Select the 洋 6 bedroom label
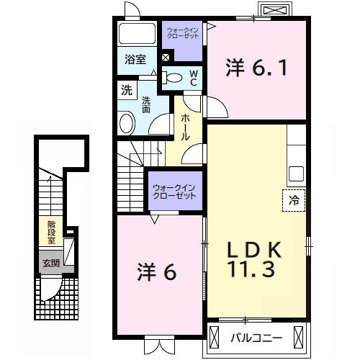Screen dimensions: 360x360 [x=157, y=271]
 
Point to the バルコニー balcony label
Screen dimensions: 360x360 [x=251, y=336]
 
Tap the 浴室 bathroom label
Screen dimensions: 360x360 [x=134, y=60]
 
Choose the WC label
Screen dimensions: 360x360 [x=194, y=78]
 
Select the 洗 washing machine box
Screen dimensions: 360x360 [x=127, y=91]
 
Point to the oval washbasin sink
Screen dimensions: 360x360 [x=127, y=123]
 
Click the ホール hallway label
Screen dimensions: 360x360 [x=186, y=126]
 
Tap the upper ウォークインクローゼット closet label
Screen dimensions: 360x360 [x=182, y=32]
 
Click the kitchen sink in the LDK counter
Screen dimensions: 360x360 [x=296, y=174]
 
